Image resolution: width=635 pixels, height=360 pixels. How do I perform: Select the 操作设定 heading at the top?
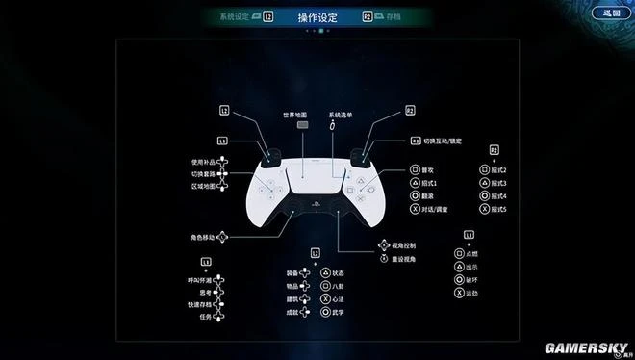[x=317, y=16]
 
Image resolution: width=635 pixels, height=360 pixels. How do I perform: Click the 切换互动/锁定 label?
[x=443, y=141]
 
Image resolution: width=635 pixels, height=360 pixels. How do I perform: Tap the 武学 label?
[x=340, y=312]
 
